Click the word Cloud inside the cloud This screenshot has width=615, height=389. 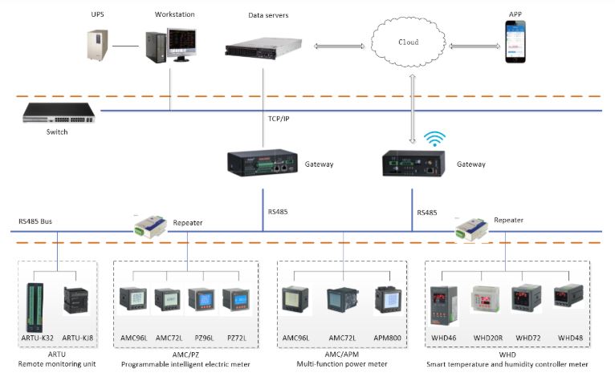click(x=409, y=42)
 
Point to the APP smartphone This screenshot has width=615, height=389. click(x=516, y=43)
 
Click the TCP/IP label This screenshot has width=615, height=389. click(x=279, y=119)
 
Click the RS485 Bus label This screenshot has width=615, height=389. click(x=37, y=221)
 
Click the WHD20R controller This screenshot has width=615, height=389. click(x=487, y=300)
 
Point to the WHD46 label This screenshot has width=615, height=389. click(x=443, y=337)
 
